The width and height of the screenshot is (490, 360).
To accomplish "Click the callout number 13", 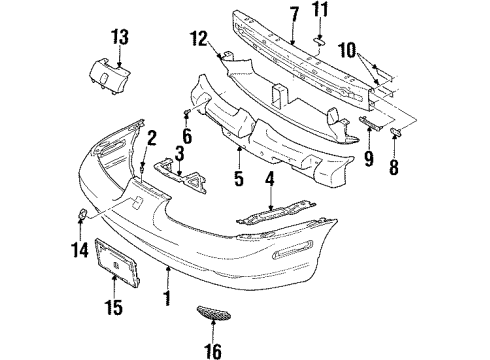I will pos(120,38).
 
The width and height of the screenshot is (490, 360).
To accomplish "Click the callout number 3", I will pos(179,152).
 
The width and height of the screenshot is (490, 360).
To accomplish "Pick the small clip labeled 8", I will pos(395,132).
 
